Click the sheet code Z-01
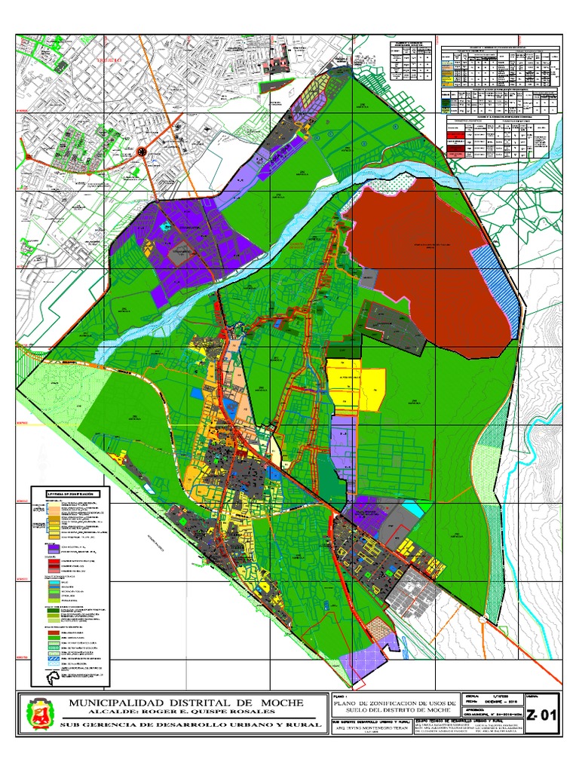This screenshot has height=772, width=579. (x=543, y=715)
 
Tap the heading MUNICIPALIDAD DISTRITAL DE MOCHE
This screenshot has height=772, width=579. (x=186, y=703)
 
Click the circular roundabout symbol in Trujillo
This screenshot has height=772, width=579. (x=142, y=152)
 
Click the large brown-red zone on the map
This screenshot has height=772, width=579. (x=422, y=241)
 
